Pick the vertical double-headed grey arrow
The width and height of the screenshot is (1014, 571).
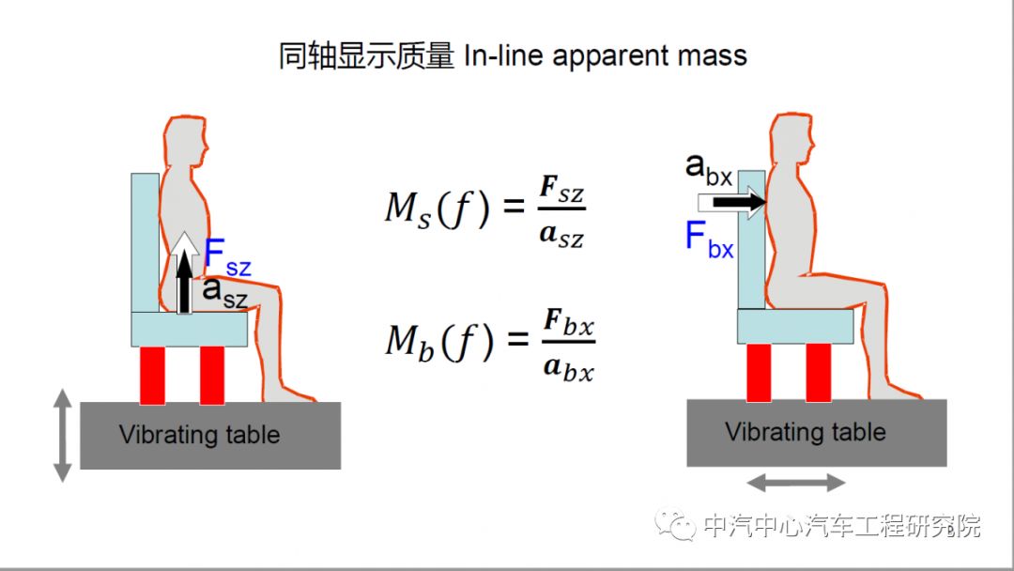coord(62,436)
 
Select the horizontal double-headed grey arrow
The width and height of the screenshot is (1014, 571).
coord(797,483)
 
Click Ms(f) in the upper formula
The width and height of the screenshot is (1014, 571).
coord(438,209)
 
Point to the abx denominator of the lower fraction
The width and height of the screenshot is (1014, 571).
coord(569,369)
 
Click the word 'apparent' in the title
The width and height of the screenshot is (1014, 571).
coord(612,55)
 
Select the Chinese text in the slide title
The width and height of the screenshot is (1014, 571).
coord(367,55)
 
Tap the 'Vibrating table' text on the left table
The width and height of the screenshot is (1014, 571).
coord(199,435)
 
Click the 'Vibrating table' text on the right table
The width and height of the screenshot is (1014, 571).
coord(806,432)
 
